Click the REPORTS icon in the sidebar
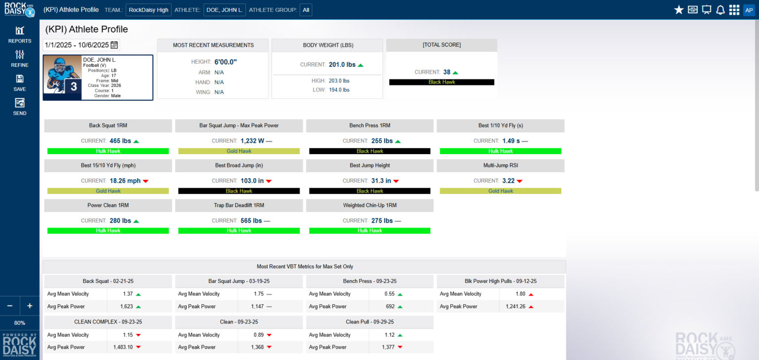pyautogui.click(x=20, y=31)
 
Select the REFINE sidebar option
pyautogui.click(x=20, y=55)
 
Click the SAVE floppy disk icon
pyautogui.click(x=20, y=79)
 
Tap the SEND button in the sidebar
pyautogui.click(x=20, y=103)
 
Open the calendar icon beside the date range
pyautogui.click(x=114, y=45)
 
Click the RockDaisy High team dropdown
pyautogui.click(x=148, y=10)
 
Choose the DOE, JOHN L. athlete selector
pyautogui.click(x=224, y=10)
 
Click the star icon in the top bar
pyautogui.click(x=679, y=10)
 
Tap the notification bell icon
pyautogui.click(x=720, y=10)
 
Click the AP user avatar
pyautogui.click(x=749, y=10)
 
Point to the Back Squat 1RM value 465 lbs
pyautogui.click(x=120, y=141)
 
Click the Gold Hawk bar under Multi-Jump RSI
pyautogui.click(x=500, y=191)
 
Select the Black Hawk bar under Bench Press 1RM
pyautogui.click(x=370, y=151)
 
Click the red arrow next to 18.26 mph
pyautogui.click(x=146, y=181)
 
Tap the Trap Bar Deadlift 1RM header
pyautogui.click(x=239, y=205)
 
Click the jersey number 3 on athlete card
pyautogui.click(x=73, y=86)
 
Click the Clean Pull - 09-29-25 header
pyautogui.click(x=370, y=321)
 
